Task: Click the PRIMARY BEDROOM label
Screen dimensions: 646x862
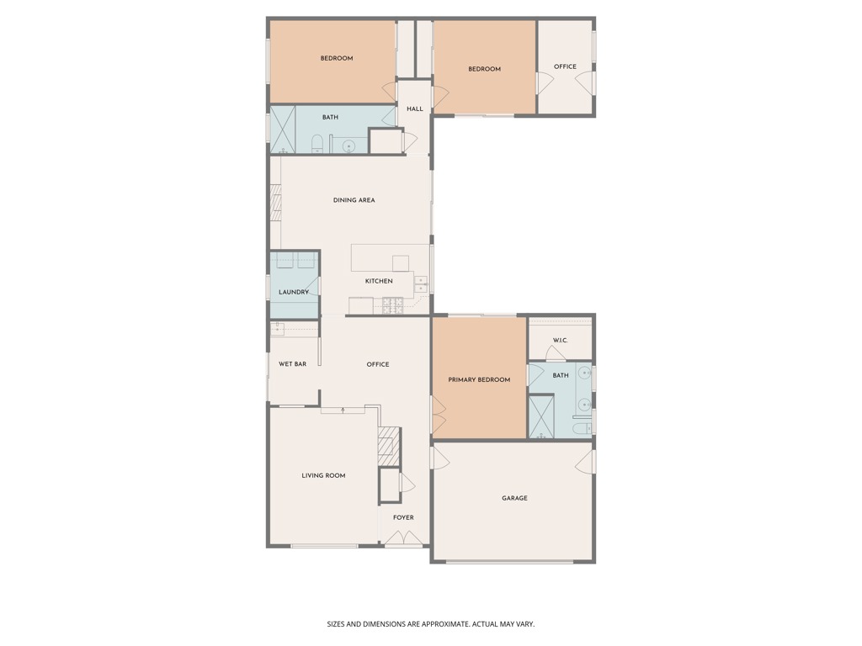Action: tap(479, 380)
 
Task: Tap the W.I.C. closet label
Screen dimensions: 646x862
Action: tap(560, 341)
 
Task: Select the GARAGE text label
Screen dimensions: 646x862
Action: tap(514, 499)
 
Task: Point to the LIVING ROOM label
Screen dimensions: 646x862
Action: tap(323, 476)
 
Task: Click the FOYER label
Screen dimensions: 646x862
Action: tap(403, 518)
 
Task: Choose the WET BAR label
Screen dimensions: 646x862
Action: tap(292, 364)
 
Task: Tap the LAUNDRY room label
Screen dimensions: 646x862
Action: tap(293, 293)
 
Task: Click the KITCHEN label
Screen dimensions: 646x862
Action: tap(378, 281)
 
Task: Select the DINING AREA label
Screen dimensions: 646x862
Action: tap(354, 200)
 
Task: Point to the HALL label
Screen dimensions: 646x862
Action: tap(414, 109)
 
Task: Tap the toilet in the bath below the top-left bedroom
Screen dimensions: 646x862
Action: tap(317, 144)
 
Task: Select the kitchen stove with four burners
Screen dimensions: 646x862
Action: tap(393, 308)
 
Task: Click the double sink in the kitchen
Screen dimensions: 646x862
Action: tap(420, 282)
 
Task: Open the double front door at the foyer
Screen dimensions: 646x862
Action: tap(403, 540)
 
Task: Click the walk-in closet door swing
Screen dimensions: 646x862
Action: tap(555, 354)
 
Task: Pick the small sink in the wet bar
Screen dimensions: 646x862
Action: tap(277, 329)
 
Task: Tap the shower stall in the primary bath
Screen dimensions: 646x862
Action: tap(541, 416)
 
